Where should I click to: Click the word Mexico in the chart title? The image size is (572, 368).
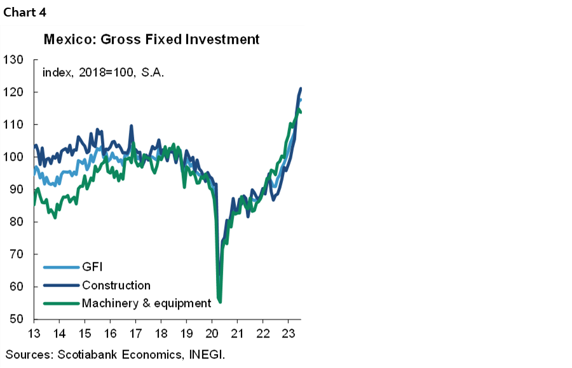pos(65,39)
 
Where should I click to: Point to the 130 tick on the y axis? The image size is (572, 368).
pos(13,60)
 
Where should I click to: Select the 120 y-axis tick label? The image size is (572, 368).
pos(13,92)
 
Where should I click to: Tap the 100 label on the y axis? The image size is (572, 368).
pos(13,157)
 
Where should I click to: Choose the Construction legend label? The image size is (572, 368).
pos(116,285)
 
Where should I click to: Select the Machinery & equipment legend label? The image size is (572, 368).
pos(146,303)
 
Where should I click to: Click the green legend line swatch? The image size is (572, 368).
pos(61,303)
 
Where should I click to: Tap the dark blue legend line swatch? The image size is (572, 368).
pos(61,285)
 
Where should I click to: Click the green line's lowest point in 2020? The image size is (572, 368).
pos(220,301)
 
